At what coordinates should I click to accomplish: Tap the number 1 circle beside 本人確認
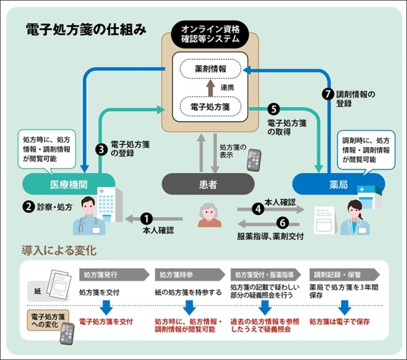(147, 218)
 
